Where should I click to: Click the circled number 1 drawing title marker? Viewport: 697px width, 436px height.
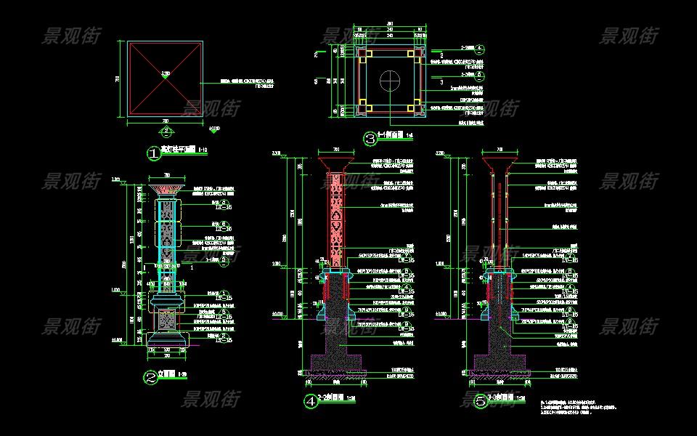coord(153,153)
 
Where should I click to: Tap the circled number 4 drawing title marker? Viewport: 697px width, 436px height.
coord(311,401)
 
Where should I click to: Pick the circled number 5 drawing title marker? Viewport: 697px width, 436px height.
coord(481,401)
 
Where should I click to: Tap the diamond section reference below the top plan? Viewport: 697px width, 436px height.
coord(166,132)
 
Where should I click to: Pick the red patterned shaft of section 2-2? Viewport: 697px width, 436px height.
coord(336,218)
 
